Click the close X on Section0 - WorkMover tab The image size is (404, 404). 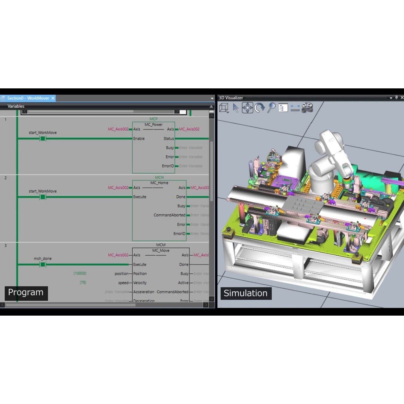(x=53, y=98)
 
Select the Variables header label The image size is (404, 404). (x=16, y=106)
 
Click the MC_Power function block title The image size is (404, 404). (x=153, y=124)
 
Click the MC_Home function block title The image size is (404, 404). (x=159, y=183)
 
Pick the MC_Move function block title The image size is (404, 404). (x=161, y=250)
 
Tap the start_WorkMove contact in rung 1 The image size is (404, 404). (x=43, y=139)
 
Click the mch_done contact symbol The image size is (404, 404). (x=43, y=264)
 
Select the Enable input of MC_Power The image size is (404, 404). (x=139, y=139)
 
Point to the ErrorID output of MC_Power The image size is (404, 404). (x=168, y=166)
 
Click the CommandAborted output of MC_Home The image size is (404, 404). (x=169, y=215)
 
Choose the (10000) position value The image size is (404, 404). (x=80, y=273)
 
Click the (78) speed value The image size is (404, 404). (x=83, y=282)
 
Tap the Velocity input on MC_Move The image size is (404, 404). (x=140, y=283)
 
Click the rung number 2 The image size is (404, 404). (x=5, y=178)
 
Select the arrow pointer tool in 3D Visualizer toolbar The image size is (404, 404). (x=235, y=108)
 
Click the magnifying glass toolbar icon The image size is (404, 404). (x=271, y=108)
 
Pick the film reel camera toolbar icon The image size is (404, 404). (x=307, y=108)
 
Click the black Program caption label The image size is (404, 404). (x=26, y=293)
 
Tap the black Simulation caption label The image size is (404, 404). (x=246, y=293)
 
